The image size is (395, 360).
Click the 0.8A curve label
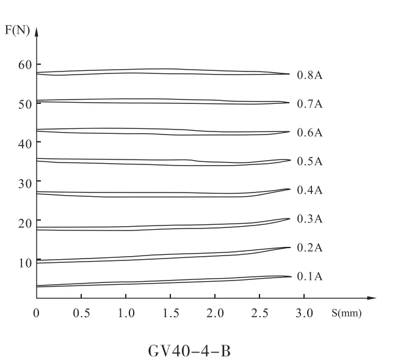[x=310, y=75]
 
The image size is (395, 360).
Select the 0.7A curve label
[x=310, y=104]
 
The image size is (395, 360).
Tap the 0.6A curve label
[x=310, y=133]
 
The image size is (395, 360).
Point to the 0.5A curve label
[x=310, y=161]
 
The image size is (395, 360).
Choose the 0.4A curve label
[x=310, y=190]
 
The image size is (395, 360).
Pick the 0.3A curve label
[x=310, y=219]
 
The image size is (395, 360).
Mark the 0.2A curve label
[x=310, y=248]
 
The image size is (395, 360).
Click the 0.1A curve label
[x=310, y=276]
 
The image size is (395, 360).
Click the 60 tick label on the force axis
[x=25, y=65]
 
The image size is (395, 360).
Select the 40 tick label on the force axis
[x=25, y=144]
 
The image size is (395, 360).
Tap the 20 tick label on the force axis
[x=25, y=223]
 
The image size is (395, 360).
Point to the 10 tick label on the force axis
[x=25, y=263]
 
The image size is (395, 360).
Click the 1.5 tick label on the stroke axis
[x=171, y=314]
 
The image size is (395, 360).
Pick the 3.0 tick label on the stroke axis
[x=304, y=314]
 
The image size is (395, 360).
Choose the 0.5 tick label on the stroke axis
[x=81, y=314]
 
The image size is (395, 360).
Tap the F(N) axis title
[x=17, y=31]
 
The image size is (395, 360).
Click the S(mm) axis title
[x=346, y=313]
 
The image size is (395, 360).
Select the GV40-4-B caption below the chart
[x=189, y=351]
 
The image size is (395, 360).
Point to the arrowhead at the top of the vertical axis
[x=37, y=32]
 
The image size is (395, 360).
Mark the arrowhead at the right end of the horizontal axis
[x=372, y=298]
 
